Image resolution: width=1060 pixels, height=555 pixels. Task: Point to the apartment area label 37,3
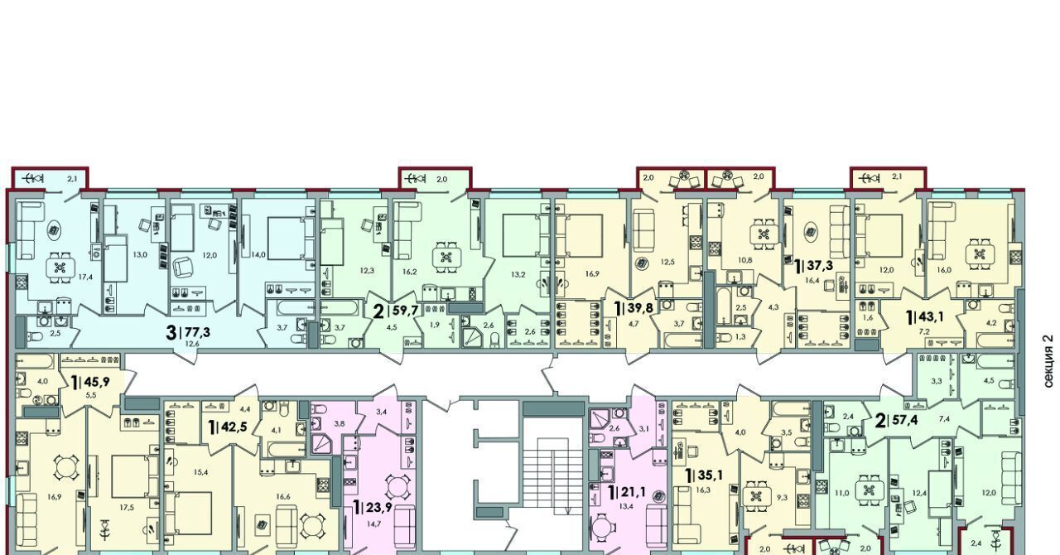[820, 266]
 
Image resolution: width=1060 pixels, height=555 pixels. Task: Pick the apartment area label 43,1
[930, 316]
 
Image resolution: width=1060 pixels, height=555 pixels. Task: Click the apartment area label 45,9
[97, 381]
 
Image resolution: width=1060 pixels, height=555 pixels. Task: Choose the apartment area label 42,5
[234, 427]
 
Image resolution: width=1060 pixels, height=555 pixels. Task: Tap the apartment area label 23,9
[378, 508]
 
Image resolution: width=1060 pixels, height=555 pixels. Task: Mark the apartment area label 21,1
[633, 492]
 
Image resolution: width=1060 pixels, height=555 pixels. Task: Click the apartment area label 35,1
[710, 475]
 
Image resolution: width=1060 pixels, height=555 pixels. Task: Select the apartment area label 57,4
[903, 419]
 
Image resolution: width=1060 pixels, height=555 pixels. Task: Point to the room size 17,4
[85, 277]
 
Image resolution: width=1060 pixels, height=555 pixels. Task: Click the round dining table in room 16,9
[65, 468]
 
